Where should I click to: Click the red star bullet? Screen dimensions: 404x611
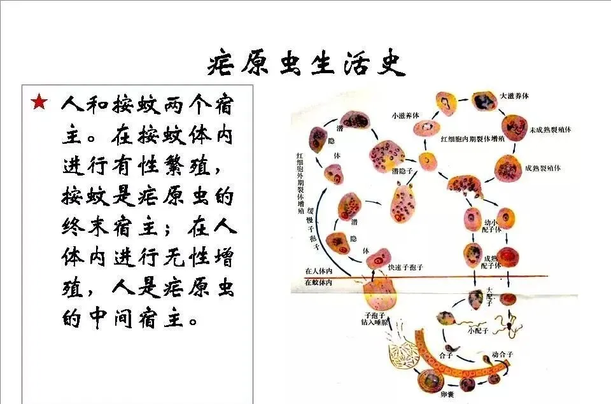(x=39, y=102)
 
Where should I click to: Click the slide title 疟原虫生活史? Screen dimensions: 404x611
(x=306, y=64)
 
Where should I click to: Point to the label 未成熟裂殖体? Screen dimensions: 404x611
(x=549, y=130)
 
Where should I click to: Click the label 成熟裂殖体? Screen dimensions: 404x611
(x=542, y=169)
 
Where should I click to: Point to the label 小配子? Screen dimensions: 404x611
(x=477, y=330)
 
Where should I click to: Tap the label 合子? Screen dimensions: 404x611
(x=446, y=355)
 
